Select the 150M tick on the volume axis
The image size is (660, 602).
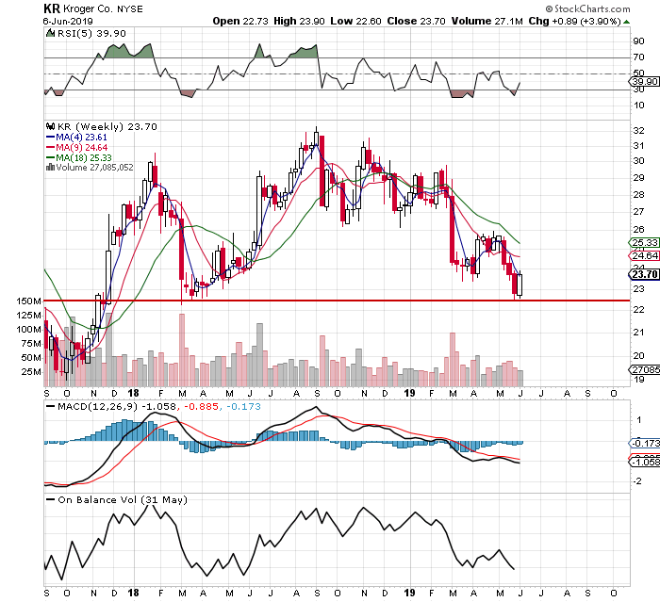coord(28,301)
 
